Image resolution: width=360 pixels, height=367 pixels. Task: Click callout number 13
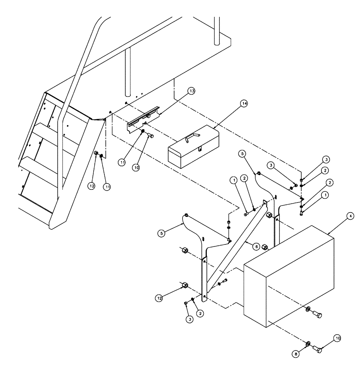point(191,91)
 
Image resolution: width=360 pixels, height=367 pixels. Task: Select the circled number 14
point(244,103)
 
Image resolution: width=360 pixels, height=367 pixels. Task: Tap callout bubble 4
point(351,216)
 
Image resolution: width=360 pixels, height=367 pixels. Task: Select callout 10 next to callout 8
point(337,338)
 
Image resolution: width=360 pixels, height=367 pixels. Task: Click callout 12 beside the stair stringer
point(92,186)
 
